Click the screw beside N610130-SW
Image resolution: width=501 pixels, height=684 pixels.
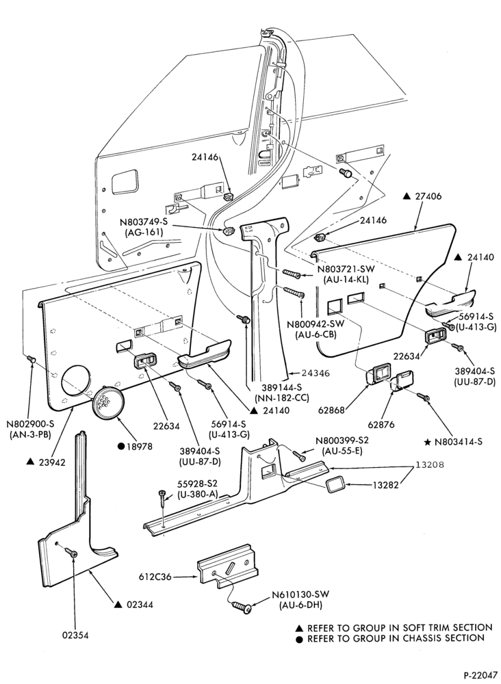point(242,607)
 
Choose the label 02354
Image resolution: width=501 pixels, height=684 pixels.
point(75,635)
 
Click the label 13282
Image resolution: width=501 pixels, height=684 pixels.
point(385,485)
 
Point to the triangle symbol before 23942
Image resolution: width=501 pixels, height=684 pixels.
point(29,461)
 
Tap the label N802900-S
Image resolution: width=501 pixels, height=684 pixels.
point(29,423)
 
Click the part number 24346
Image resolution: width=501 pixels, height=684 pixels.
point(316,373)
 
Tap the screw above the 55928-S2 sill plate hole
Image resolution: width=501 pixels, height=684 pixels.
point(163,497)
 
